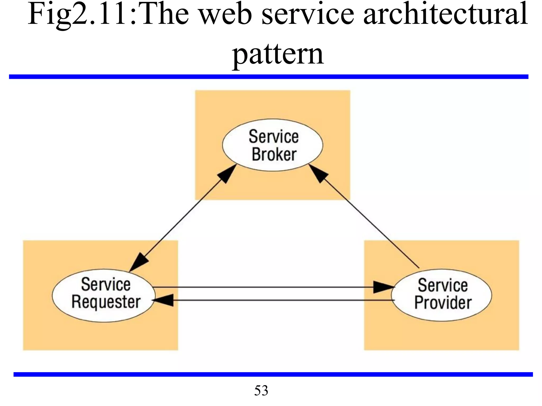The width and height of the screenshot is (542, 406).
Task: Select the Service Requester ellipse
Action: tap(103, 295)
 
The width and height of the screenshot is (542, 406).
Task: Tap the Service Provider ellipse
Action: tap(441, 295)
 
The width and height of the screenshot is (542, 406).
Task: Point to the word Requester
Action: tap(106, 302)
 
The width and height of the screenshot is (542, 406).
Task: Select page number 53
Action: tap(261, 390)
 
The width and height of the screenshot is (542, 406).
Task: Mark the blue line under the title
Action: tap(268, 77)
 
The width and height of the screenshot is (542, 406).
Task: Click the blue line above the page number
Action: tap(273, 374)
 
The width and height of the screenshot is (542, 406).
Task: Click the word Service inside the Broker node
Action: tap(274, 137)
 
